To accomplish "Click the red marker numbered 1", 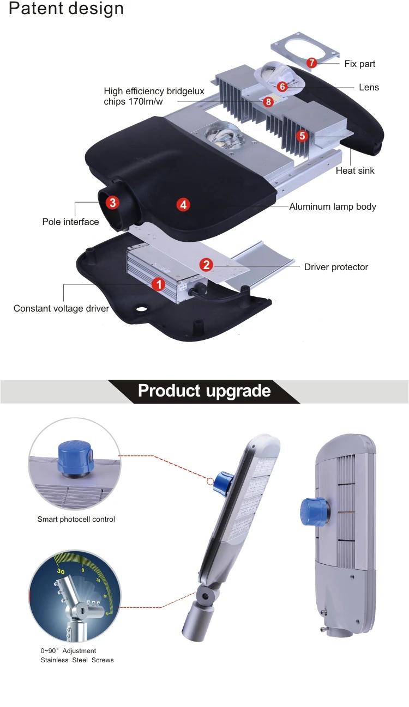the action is (158, 284).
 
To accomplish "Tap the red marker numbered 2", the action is (206, 265).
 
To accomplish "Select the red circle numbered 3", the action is (112, 203).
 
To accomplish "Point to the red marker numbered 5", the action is (303, 136).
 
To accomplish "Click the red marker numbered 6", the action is (282, 86).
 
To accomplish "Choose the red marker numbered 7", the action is (311, 63).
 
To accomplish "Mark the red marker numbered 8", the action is (268, 101).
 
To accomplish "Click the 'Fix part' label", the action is (359, 64).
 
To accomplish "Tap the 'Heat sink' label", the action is (355, 171).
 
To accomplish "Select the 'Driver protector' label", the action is (336, 267).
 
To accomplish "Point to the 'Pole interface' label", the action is (71, 222).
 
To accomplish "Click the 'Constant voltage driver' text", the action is (61, 308).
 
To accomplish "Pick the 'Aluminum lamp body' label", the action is (333, 206).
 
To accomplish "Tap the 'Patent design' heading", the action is (67, 9).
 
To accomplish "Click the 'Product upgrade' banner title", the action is (204, 391).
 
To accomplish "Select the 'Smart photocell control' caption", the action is (76, 519).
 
